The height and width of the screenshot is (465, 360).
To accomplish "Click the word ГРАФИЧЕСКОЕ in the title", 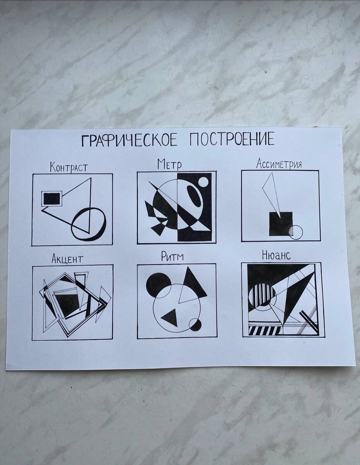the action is pos(129,140).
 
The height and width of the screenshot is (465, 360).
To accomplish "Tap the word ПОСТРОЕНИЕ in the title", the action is pos(232,139).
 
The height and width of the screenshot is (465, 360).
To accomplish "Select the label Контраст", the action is pos(69,167).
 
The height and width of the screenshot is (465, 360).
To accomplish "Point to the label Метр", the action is pos(170,164).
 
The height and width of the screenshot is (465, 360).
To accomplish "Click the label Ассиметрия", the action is pos(279,164).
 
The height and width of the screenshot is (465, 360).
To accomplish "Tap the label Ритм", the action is pos(172,257).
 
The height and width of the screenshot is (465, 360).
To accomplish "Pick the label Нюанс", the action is pos(276,255).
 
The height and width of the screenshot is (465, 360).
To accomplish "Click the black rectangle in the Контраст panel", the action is pos(52,199).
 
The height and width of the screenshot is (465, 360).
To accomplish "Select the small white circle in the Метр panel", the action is pos(203,182).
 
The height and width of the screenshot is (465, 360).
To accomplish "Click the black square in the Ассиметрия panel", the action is pos(281,224).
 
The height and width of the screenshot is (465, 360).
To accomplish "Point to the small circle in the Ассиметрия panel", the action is pos(296,232).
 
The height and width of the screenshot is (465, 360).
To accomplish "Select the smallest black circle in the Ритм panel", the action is pos(195,330).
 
